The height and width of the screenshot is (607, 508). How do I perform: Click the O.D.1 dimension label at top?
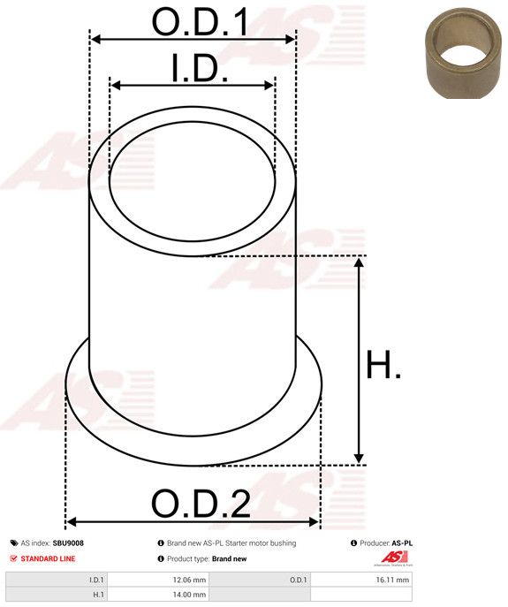(x=200, y=22)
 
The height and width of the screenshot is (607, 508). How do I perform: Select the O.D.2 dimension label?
(x=201, y=504)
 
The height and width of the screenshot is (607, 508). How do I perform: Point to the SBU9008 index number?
(x=68, y=543)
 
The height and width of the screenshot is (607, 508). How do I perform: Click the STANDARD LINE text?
(x=48, y=558)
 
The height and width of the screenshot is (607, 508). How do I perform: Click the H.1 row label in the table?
(x=98, y=595)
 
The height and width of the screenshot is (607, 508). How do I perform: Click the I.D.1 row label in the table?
(x=96, y=580)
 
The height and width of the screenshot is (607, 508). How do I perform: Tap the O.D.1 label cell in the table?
(x=299, y=580)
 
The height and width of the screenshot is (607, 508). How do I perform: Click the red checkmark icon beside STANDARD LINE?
(x=13, y=558)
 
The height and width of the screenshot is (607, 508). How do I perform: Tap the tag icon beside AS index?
(x=13, y=543)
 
